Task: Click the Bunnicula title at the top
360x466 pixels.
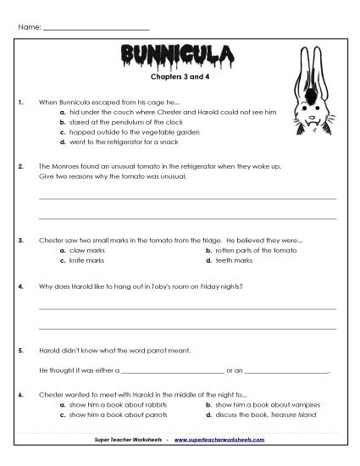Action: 179,58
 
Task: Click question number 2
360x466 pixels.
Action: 19,168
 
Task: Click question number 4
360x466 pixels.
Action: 19,286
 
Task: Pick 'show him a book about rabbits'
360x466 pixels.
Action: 119,406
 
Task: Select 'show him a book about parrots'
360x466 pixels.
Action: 119,417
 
